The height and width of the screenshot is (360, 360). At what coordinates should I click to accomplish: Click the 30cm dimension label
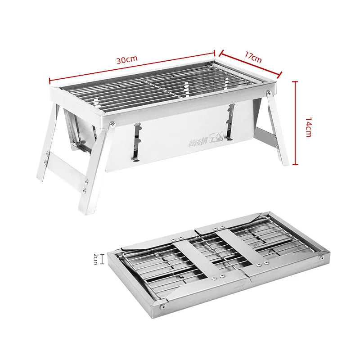127,60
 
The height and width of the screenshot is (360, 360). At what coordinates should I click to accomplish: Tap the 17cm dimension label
253,58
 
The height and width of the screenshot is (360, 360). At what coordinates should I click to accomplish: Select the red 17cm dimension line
250,64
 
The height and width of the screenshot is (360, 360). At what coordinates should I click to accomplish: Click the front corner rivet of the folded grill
162,306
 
